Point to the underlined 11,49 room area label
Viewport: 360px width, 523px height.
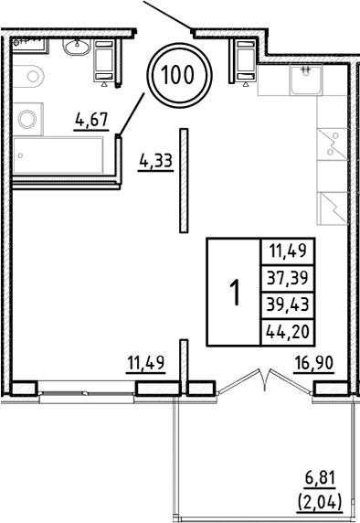(x=144, y=365)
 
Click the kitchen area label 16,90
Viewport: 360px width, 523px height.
(x=313, y=365)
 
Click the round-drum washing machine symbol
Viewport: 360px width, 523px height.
(x=28, y=119)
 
